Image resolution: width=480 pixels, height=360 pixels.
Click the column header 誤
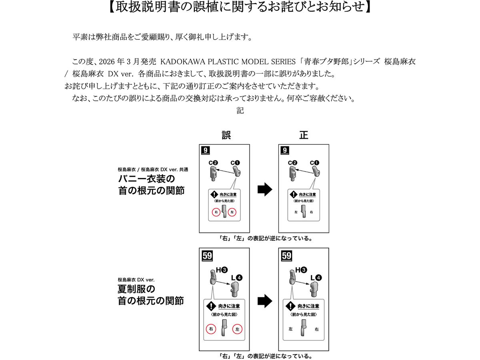coord(226,135)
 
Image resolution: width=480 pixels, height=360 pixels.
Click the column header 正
coord(304,135)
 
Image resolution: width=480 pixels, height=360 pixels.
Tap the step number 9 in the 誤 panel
coord(206,150)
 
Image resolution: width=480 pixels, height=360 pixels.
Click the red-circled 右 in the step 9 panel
coord(216,213)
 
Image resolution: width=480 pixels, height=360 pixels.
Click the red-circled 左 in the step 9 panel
coord(233,213)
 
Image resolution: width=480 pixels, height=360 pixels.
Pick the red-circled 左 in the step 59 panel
coord(237,329)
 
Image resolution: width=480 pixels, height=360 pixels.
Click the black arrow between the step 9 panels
coord(264,190)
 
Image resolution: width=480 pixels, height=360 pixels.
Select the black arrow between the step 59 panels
coord(264,301)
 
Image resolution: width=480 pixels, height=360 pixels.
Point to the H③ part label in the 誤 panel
coord(221,270)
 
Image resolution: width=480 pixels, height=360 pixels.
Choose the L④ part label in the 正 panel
coord(316,277)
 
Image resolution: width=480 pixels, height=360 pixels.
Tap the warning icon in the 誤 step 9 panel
coord(215,194)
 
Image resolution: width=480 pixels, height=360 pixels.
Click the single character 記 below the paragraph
coord(240,111)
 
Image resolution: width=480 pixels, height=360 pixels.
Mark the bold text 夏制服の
coord(136,288)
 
